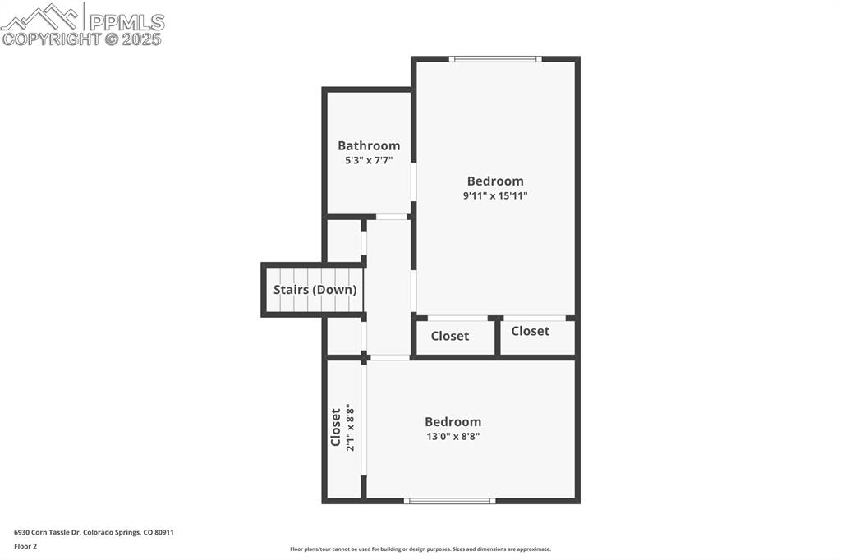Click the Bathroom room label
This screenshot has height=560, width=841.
point(369,145)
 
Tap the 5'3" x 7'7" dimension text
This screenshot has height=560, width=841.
point(369,161)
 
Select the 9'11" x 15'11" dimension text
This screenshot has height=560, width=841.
point(494,196)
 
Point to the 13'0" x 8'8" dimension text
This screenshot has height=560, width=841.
point(453,437)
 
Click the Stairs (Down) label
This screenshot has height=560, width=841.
point(315,290)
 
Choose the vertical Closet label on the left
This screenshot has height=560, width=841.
point(335,427)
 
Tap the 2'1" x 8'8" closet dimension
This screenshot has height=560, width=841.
point(350,427)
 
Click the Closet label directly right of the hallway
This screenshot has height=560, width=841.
point(450,336)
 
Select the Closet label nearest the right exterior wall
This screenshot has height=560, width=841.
point(530,331)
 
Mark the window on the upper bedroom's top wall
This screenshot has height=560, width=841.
point(494,59)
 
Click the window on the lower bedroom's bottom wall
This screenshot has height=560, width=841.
point(450,500)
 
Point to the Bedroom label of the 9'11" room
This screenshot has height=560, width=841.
point(494,181)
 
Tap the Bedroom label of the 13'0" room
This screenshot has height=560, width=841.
point(453,422)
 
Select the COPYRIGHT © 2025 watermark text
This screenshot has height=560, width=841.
point(82,39)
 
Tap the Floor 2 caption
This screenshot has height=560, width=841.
point(25,546)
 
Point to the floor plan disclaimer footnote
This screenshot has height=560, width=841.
point(420,549)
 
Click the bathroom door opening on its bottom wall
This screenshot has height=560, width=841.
point(392,217)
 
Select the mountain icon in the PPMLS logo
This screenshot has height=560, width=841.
point(41,16)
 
